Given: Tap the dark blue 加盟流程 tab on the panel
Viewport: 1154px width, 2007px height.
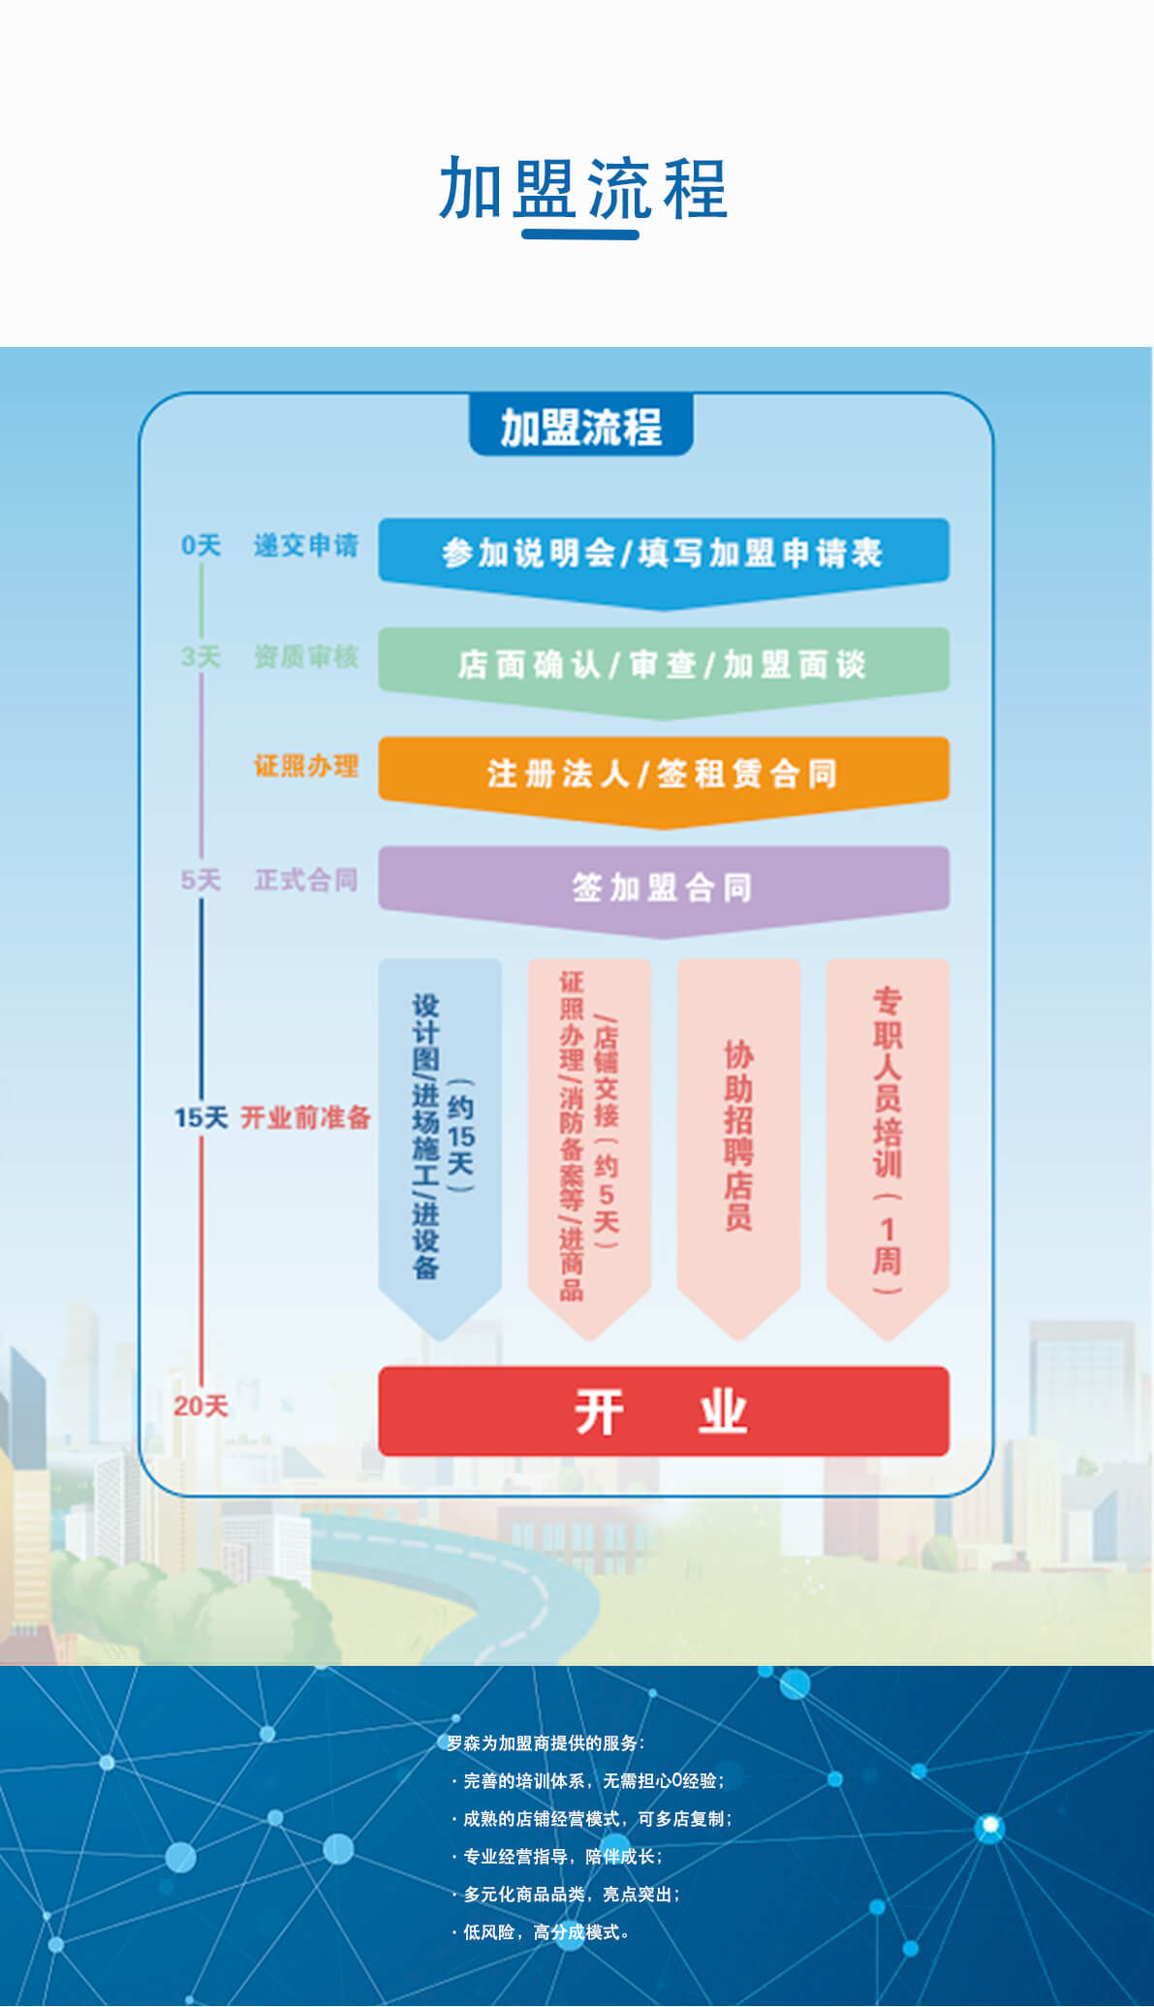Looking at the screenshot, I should [x=580, y=426].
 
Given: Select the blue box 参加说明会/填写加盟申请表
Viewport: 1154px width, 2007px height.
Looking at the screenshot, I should [x=663, y=553].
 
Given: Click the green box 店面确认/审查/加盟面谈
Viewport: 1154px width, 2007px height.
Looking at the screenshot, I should [x=663, y=664].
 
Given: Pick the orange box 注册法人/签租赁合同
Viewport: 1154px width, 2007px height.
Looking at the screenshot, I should [x=663, y=773].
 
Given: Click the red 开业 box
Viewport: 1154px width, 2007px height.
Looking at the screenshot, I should [x=663, y=1411].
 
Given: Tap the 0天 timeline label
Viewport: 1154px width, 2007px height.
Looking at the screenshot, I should [x=201, y=546].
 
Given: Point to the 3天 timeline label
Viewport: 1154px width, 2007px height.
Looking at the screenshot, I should [x=201, y=657].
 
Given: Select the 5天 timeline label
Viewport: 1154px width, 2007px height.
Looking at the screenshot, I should [x=201, y=880].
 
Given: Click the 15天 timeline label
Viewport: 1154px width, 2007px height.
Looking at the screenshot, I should [x=201, y=1117].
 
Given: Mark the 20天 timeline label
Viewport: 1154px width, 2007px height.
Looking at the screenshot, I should [x=201, y=1405].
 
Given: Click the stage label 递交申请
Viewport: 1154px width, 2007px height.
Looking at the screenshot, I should [x=306, y=546].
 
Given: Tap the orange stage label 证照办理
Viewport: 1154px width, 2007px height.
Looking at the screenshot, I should [x=306, y=767].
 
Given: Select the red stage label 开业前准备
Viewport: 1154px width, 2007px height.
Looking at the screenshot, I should [x=306, y=1117].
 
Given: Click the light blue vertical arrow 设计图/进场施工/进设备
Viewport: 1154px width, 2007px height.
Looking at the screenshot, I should [x=440, y=1134].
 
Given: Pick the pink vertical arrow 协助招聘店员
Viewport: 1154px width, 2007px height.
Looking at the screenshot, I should [x=738, y=1134].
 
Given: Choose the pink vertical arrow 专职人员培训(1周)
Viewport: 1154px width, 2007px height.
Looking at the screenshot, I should [x=888, y=1134].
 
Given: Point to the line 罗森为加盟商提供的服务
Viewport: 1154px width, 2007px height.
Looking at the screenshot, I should [x=546, y=1742].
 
